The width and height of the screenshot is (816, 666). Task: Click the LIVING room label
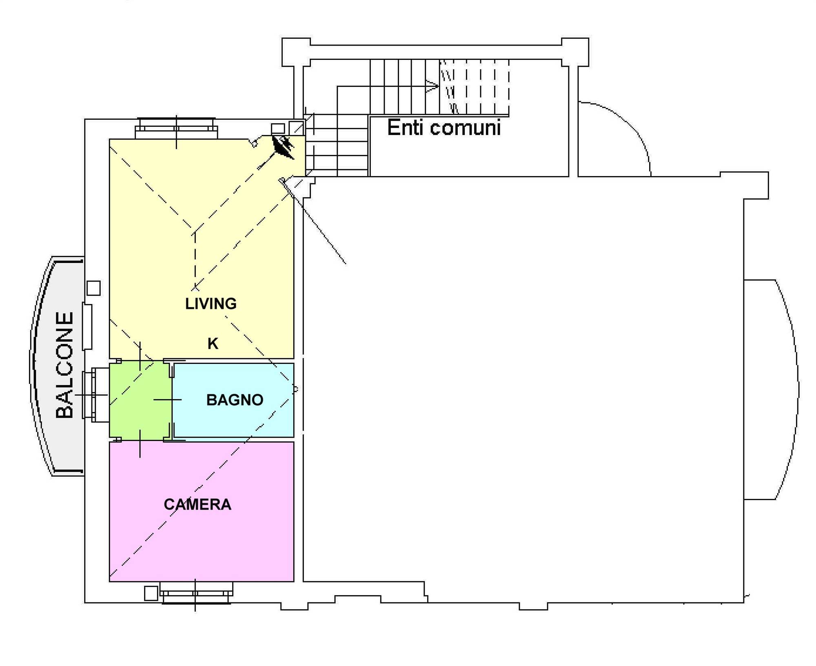(x=211, y=304)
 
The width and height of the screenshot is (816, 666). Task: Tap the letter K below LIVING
(x=213, y=344)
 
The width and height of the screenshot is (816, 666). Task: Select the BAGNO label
(x=235, y=400)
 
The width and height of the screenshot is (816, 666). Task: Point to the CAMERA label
(x=197, y=505)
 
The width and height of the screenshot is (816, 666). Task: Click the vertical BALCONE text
(x=64, y=365)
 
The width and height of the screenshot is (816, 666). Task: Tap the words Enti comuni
(x=444, y=128)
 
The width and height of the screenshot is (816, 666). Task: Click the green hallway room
(x=140, y=400)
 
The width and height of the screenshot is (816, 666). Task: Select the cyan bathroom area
(x=233, y=400)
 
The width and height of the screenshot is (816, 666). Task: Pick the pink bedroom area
(x=202, y=512)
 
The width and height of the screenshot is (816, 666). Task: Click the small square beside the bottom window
(x=151, y=593)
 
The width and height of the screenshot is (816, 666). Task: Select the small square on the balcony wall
(x=94, y=288)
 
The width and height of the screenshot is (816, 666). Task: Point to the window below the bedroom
(x=196, y=593)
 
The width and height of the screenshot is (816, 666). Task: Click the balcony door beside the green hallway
(x=96, y=395)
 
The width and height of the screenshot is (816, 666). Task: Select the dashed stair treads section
(x=475, y=86)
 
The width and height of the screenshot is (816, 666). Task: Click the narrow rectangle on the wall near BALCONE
(x=87, y=326)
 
